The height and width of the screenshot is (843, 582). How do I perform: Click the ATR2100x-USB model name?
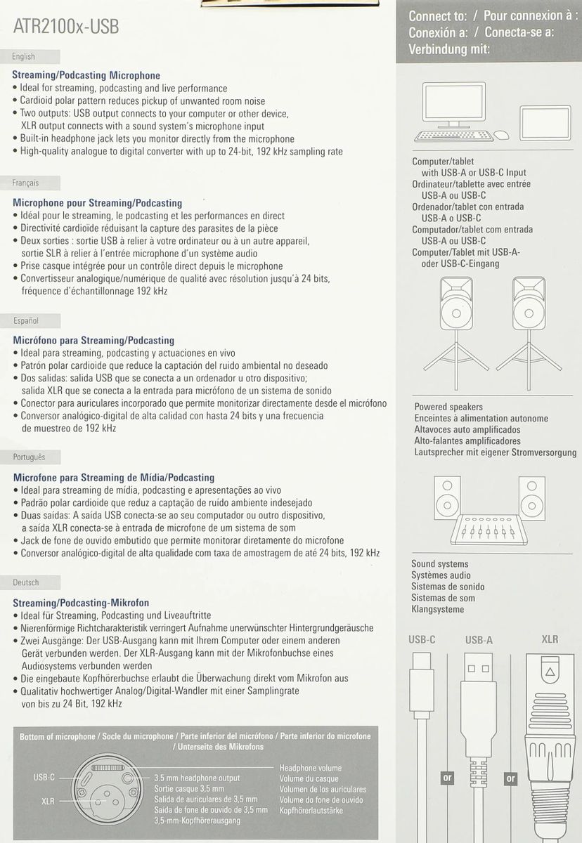click(x=66, y=27)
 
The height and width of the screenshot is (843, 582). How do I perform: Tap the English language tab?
click(x=24, y=57)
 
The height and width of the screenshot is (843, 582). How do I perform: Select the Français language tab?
click(x=25, y=183)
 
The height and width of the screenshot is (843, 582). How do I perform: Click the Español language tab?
click(x=26, y=320)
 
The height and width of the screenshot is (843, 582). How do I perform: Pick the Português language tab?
click(x=30, y=457)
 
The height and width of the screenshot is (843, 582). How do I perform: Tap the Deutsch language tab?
click(x=27, y=583)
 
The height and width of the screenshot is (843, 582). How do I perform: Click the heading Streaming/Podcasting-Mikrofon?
click(x=81, y=603)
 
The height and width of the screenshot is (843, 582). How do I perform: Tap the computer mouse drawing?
click(x=502, y=135)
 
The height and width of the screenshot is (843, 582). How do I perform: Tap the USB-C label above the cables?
click(x=422, y=639)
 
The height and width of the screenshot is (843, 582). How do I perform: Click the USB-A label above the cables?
click(x=479, y=640)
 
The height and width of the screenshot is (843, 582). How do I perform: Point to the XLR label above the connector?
click(x=550, y=639)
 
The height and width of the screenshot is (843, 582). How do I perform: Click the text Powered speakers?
click(x=448, y=407)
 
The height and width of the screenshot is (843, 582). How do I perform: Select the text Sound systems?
click(x=440, y=564)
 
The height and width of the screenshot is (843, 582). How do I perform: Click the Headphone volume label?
click(x=310, y=769)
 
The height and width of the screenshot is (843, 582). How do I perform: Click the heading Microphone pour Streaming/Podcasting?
click(x=98, y=203)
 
